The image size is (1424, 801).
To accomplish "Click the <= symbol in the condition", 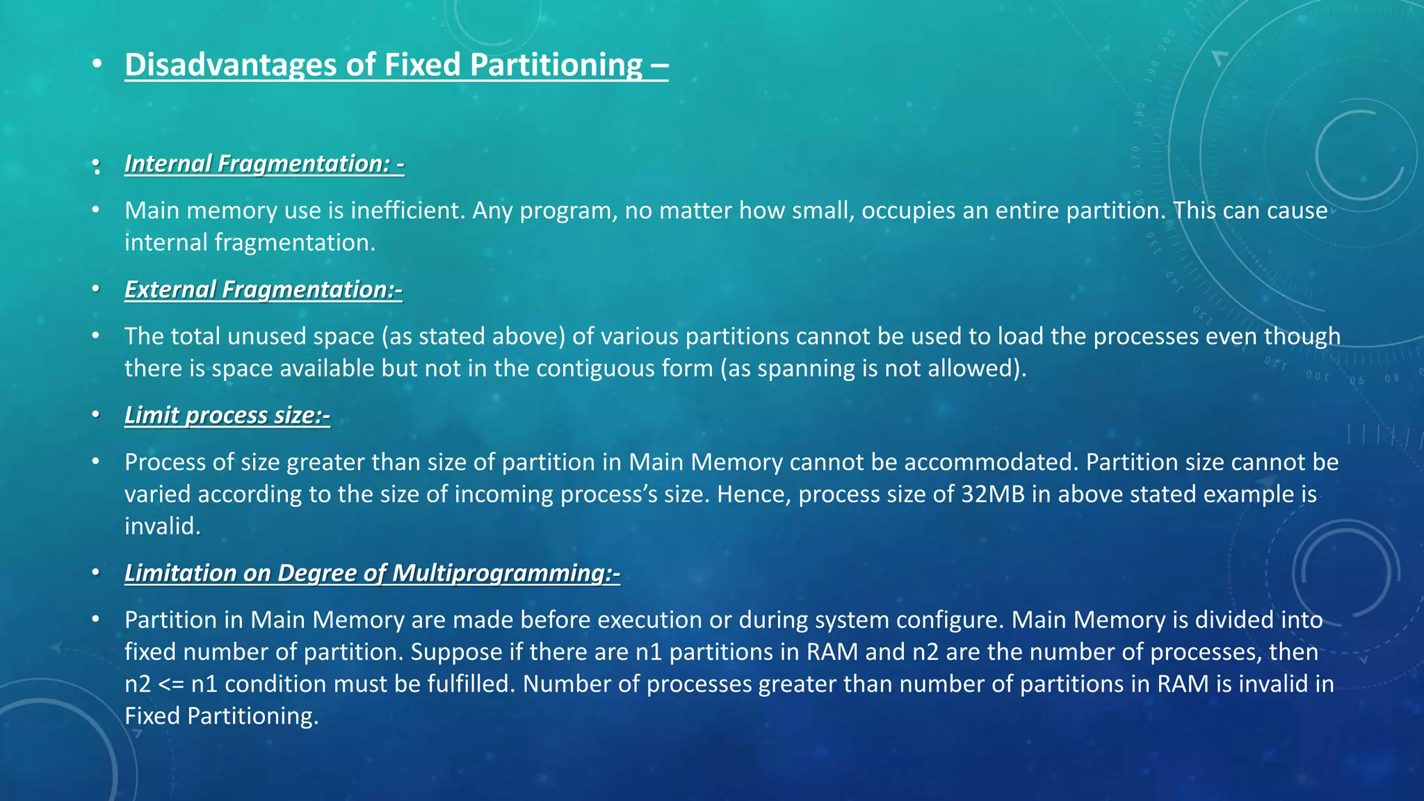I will tap(171, 684).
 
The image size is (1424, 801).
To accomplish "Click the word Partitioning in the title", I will tap(556, 65).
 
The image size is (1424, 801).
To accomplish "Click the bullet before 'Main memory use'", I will tap(97, 210).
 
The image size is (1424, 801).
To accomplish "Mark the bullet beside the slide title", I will tap(97, 65).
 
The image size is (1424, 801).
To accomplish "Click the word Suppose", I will tap(455, 652).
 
